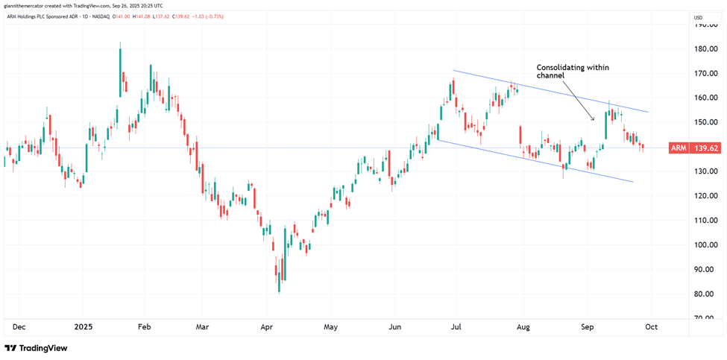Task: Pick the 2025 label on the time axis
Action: coord(84,326)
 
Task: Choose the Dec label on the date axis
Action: coord(20,326)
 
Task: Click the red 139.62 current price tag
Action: coord(705,148)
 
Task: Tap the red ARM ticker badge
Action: coord(679,148)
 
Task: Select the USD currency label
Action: coord(699,17)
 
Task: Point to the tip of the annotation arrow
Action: coord(594,120)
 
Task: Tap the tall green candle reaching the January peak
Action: coord(120,71)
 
